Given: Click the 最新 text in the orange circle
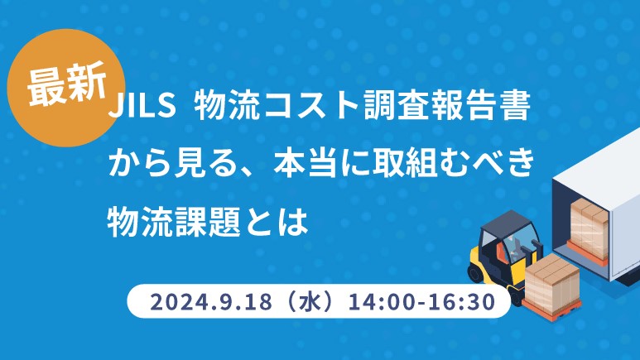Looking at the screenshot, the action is (67, 85).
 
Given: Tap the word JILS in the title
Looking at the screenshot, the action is (142, 106).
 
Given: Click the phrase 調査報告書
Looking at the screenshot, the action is (447, 106).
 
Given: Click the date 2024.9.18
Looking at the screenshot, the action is (210, 302).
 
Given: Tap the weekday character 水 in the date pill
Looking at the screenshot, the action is (310, 302).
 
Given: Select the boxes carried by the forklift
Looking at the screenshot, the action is (552, 281).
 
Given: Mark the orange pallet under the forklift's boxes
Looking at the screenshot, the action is (552, 310).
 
